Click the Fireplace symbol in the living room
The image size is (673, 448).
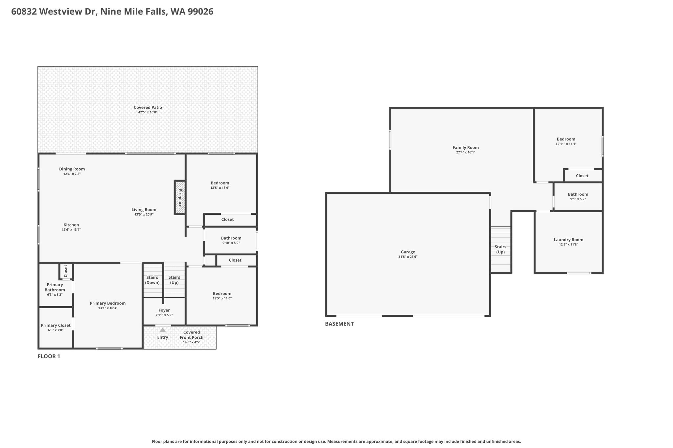180,198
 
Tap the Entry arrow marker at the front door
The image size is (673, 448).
163,330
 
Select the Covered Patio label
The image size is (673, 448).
148,107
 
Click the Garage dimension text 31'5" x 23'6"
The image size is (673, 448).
408,257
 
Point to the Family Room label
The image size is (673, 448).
466,148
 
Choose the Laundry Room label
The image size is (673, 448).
569,240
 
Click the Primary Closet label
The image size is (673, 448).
56,325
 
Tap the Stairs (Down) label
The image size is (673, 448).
152,280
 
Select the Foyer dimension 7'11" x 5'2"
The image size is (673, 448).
164,315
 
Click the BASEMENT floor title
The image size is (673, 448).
339,324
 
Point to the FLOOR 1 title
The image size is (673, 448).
49,356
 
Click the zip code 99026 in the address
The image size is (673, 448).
200,11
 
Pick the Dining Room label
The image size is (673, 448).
72,169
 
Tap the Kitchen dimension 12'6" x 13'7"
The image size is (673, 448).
71,230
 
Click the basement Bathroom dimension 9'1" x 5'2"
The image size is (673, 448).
578,199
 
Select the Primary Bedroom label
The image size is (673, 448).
108,303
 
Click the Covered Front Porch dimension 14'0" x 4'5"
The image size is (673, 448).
192,342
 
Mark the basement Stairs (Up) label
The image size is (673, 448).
500,249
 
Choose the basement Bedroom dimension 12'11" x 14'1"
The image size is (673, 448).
566,144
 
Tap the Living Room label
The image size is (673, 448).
144,210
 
